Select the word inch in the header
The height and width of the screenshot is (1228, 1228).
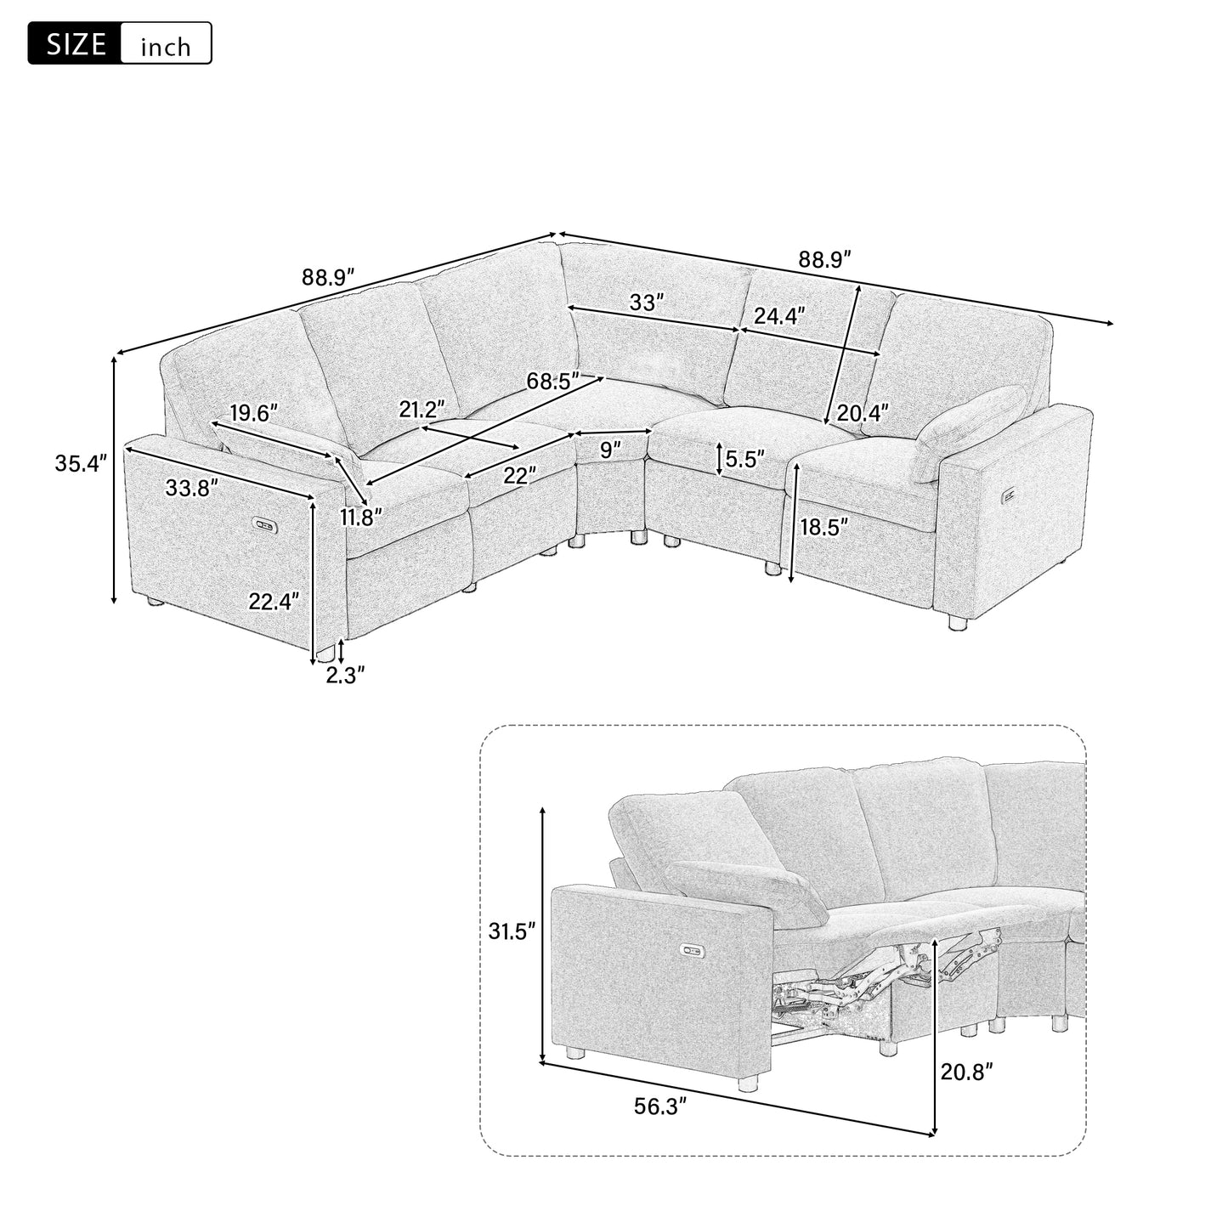point(166,46)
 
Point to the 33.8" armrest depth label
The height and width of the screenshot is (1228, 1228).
point(191,488)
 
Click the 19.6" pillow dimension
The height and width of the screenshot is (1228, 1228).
point(253,414)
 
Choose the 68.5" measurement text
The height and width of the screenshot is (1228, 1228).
point(552,381)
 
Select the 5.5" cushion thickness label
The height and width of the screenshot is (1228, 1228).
point(745,459)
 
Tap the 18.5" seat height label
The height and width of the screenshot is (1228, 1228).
point(824,528)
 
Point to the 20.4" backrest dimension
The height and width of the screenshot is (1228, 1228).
point(861,413)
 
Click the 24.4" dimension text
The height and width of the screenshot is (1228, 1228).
point(779,316)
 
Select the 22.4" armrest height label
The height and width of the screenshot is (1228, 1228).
point(274,602)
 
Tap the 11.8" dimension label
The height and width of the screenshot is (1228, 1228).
point(362,516)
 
